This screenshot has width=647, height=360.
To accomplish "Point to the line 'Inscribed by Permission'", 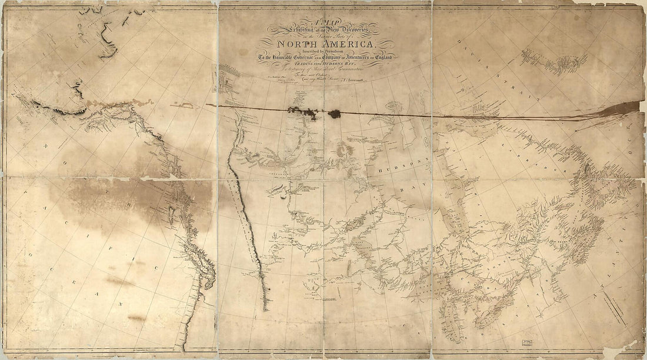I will coord(325,51).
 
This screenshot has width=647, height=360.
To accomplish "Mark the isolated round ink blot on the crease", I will coord(335,114).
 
